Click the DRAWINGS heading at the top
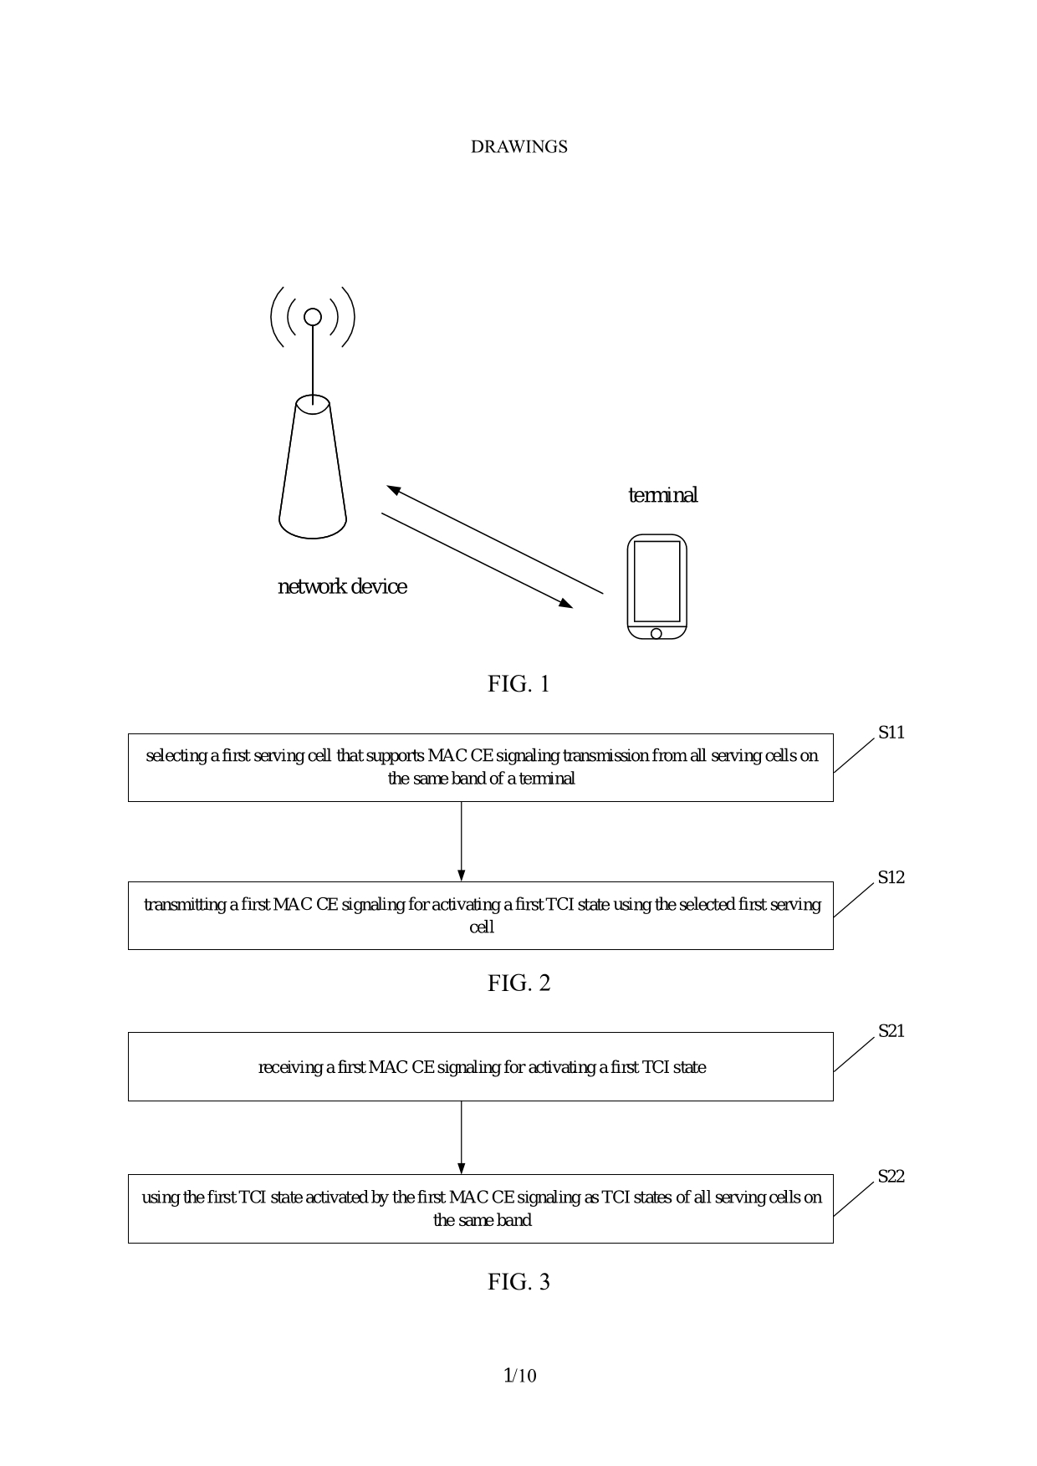click(x=518, y=147)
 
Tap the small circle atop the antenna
click(x=313, y=317)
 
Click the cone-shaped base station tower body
click(x=313, y=472)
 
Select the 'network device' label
click(x=342, y=587)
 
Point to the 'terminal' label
click(x=662, y=495)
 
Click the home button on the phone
click(x=656, y=633)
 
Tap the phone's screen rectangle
click(x=656, y=580)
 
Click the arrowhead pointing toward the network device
click(x=393, y=489)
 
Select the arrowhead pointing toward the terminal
click(x=566, y=603)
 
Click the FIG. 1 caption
click(x=518, y=684)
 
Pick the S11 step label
click(x=891, y=733)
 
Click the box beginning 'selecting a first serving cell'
click(x=481, y=768)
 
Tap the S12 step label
click(x=891, y=878)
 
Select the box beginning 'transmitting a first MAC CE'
click(x=481, y=916)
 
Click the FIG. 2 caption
click(x=518, y=983)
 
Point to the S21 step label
click(x=891, y=1032)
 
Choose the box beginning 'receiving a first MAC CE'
click(x=481, y=1067)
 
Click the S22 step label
click(x=891, y=1177)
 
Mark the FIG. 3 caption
click(x=518, y=1282)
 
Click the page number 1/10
click(x=519, y=1376)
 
